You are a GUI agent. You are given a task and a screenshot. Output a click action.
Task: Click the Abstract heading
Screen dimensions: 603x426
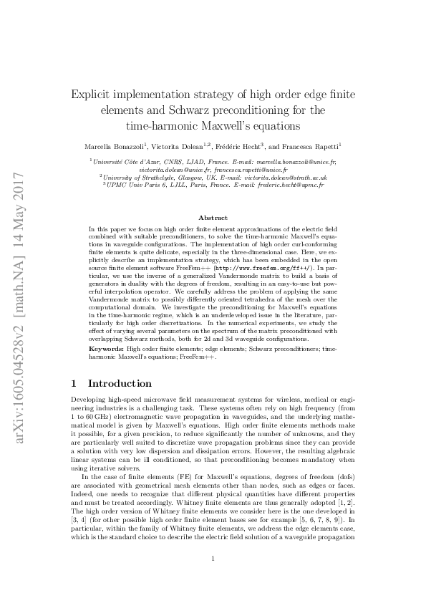[x=213, y=217]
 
